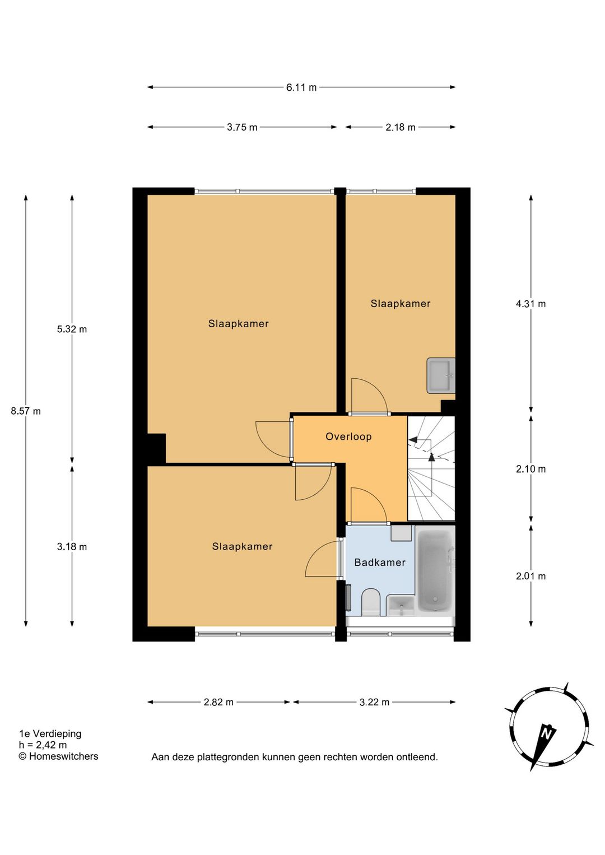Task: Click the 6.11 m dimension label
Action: (x=301, y=87)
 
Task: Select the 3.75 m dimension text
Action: (x=242, y=128)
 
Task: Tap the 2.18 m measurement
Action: (x=400, y=128)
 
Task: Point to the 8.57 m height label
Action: (x=26, y=411)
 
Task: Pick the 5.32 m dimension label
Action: (x=72, y=329)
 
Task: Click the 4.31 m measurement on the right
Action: (x=530, y=304)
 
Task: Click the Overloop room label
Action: (x=348, y=436)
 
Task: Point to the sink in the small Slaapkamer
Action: (x=441, y=375)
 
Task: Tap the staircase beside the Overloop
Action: (x=431, y=468)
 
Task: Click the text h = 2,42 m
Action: (x=43, y=745)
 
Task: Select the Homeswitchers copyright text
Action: (x=58, y=756)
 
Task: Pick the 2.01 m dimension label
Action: (x=530, y=576)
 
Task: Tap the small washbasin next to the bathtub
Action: (x=401, y=605)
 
